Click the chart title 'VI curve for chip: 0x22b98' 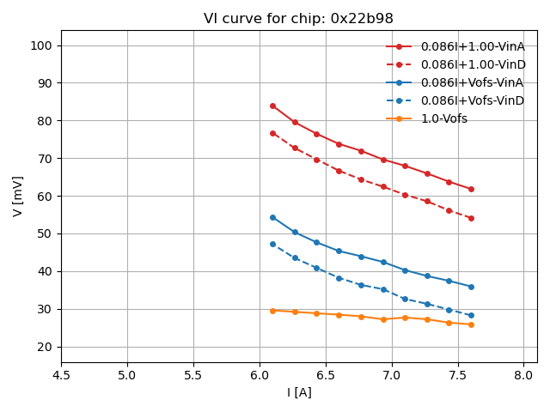click(x=298, y=19)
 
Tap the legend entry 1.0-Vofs click(x=443, y=118)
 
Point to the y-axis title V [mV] click(x=18, y=196)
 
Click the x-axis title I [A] click(x=299, y=392)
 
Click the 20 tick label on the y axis click(x=45, y=347)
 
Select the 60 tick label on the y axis click(x=45, y=196)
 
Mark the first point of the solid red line click(x=272, y=106)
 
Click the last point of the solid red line click(x=471, y=189)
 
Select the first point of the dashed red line click(x=272, y=133)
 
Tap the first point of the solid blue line click(x=272, y=217)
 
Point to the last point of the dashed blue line click(x=471, y=315)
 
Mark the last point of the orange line click(x=471, y=324)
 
